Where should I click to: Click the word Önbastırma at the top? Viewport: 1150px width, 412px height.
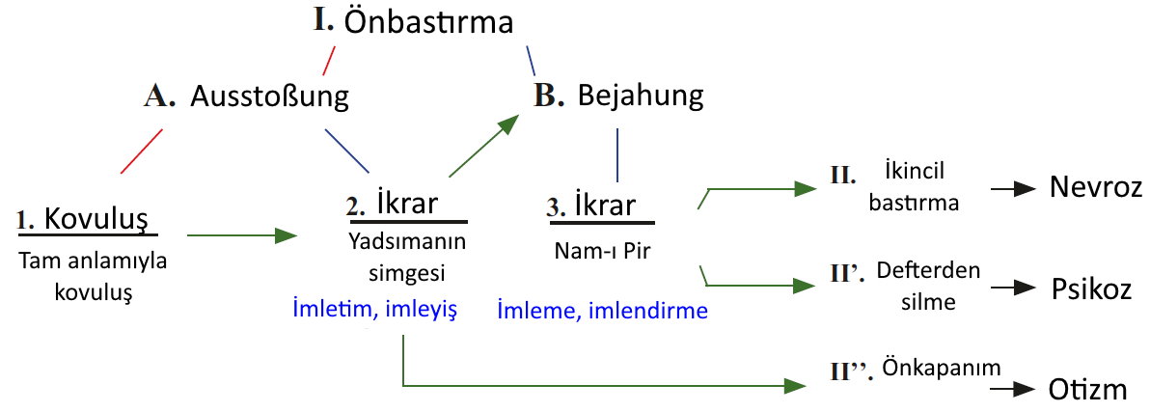point(429,23)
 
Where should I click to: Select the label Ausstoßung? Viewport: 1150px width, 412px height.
point(269,96)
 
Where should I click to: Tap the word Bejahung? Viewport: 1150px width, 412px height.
point(641,96)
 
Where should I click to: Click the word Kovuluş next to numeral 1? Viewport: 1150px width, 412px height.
point(96,218)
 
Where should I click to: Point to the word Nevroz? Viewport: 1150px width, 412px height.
point(1096,188)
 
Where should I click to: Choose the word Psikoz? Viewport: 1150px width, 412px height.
point(1093,286)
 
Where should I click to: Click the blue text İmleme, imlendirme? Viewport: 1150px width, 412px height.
point(602,311)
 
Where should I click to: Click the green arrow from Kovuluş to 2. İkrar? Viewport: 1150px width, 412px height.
point(243,235)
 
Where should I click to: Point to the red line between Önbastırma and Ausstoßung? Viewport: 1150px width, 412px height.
point(329,61)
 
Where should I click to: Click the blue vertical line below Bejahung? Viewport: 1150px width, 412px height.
point(617,155)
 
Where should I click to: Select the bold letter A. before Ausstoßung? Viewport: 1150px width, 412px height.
point(160,97)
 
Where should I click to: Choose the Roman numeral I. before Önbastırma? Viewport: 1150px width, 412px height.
point(322,20)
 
